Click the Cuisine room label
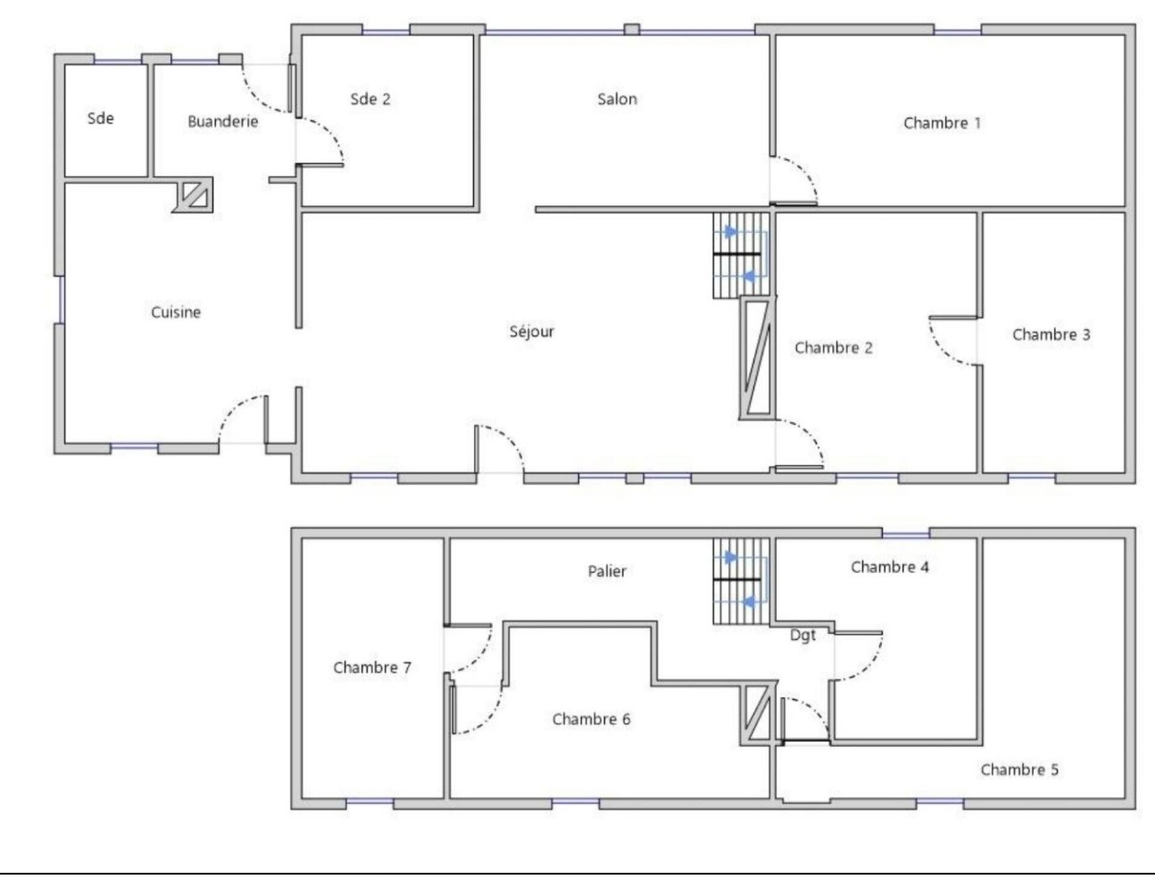click(176, 312)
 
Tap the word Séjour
click(532, 331)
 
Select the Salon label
click(617, 99)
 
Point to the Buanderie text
click(223, 122)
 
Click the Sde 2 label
click(370, 99)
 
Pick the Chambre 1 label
click(942, 123)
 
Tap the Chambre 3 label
click(1051, 335)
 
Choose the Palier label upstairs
click(607, 571)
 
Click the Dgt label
click(802, 636)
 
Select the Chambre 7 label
click(372, 668)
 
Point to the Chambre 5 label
click(1020, 770)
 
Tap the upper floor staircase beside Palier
click(741, 581)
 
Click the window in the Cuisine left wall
click(61, 300)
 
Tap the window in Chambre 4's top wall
click(906, 533)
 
